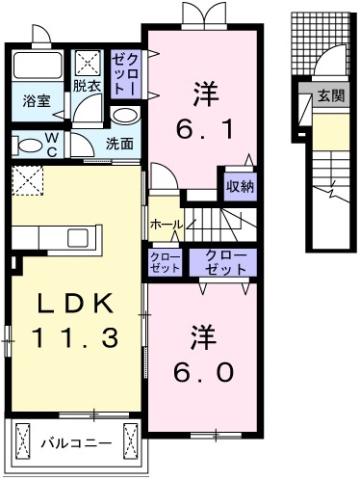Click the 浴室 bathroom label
coord(36,101)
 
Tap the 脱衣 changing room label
coord(86,86)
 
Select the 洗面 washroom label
coord(121,142)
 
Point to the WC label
coord(49,142)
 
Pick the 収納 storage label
coord(239,186)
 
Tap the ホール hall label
coord(165,225)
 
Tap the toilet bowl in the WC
coord(24,144)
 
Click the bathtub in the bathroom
coord(36,69)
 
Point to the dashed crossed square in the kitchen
coord(26,182)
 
